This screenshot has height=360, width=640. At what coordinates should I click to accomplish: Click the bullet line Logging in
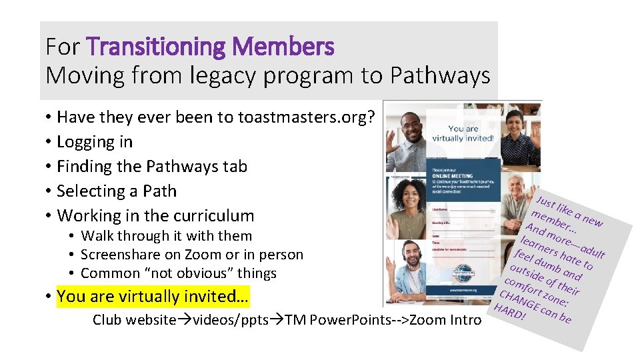(x=95, y=142)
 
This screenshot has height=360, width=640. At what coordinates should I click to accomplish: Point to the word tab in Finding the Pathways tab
(x=235, y=166)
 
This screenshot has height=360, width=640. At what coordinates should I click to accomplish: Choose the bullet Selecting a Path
(x=117, y=191)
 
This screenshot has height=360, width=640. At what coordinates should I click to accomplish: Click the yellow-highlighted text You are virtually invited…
(x=153, y=296)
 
